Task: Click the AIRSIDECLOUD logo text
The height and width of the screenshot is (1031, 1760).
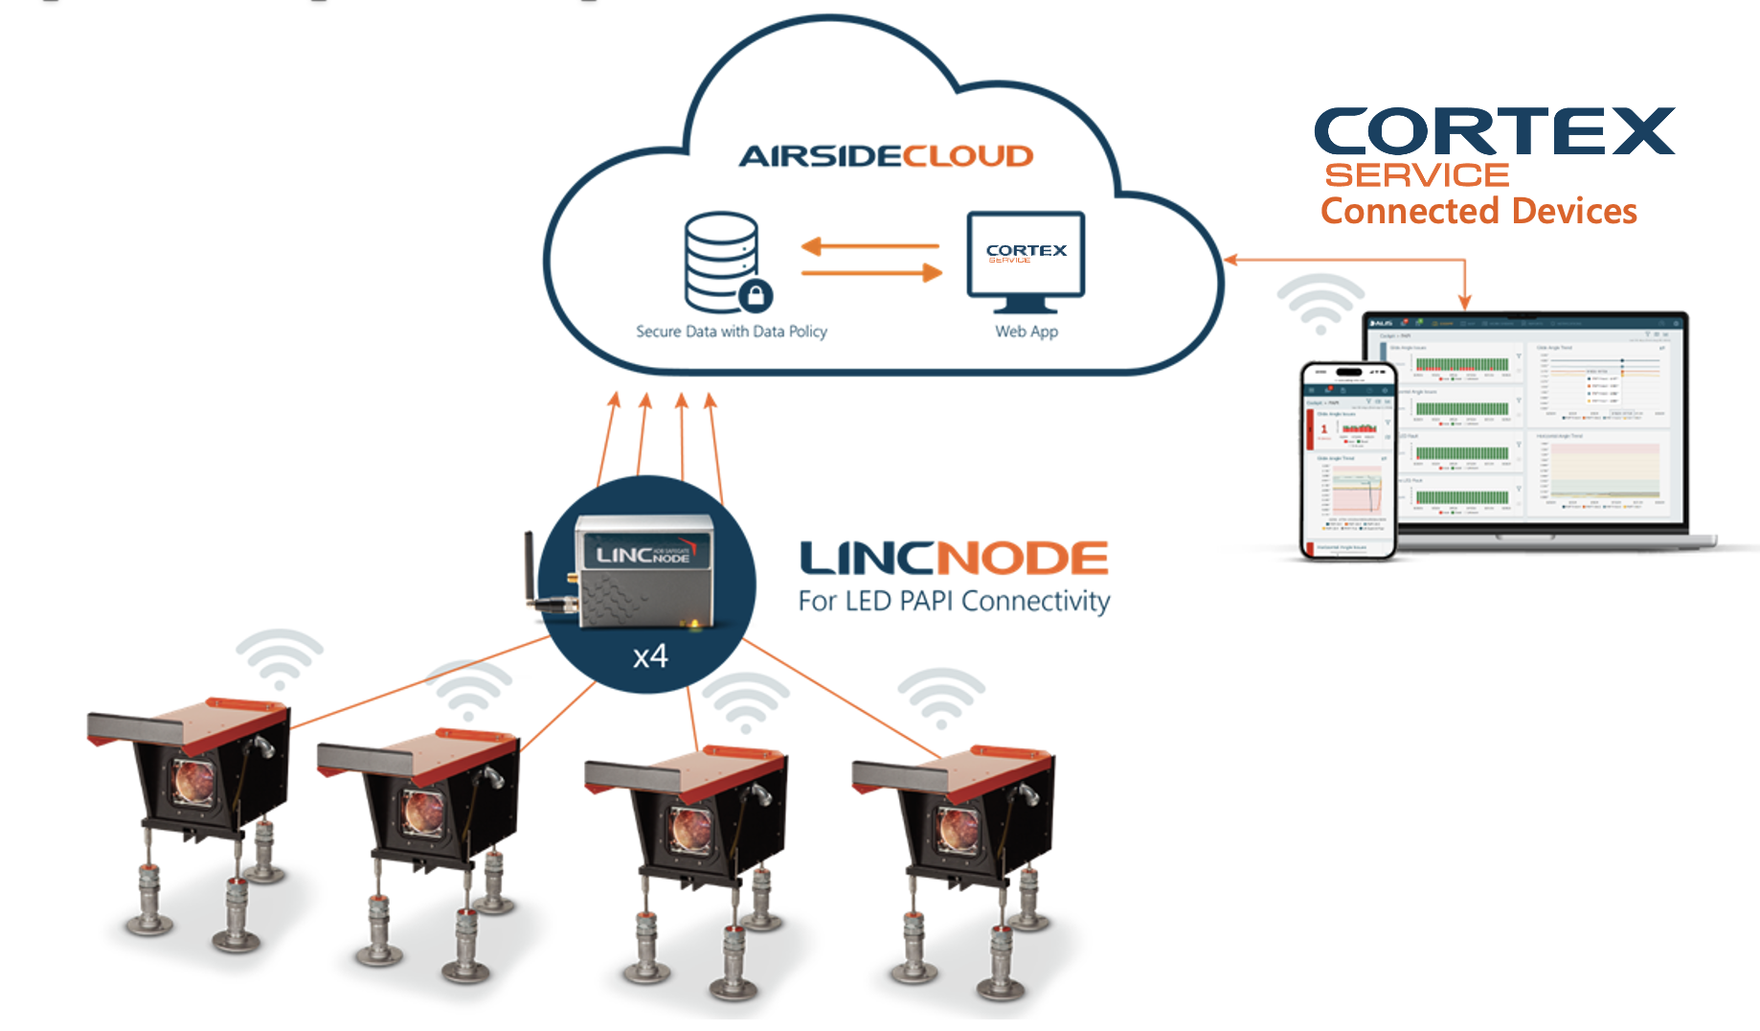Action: pos(886,156)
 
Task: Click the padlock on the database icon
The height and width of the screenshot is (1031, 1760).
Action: pos(756,295)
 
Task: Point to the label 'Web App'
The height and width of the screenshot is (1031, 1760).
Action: pos(1027,332)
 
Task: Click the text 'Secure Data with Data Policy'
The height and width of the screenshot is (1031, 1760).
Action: pos(732,332)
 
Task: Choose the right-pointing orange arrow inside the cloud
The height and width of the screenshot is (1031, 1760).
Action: pos(872,274)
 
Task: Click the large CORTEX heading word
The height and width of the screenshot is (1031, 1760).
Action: pos(1493,131)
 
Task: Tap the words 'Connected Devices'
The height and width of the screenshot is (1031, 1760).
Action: pos(1478,212)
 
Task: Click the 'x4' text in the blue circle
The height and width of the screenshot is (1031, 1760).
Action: pos(650,657)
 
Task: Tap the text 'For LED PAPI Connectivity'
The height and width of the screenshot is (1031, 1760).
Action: pos(954,602)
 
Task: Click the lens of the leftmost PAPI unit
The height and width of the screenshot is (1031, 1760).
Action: pos(194,781)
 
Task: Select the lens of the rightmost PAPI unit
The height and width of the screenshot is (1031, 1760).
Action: pos(959,827)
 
